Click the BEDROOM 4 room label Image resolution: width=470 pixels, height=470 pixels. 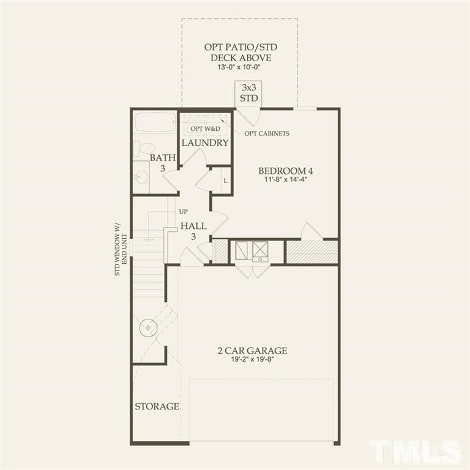[285, 171]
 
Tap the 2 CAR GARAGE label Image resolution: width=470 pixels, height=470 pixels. [252, 351]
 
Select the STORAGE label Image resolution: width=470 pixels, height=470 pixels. [157, 406]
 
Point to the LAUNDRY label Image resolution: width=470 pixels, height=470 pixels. [204, 143]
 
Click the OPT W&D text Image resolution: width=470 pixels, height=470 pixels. [204, 129]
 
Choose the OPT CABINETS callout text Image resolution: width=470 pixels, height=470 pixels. [267, 133]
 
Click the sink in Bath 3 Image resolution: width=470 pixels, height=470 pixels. [141, 177]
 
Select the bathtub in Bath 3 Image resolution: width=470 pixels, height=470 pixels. [155, 122]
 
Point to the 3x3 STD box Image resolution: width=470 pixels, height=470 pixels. [248, 94]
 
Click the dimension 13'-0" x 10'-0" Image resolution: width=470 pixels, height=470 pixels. [239, 68]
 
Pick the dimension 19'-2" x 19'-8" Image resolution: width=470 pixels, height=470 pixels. [252, 360]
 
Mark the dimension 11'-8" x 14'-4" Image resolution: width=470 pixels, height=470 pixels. [285, 181]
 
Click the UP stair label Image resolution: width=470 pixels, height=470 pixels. [183, 212]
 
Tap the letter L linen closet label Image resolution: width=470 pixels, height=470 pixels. [225, 181]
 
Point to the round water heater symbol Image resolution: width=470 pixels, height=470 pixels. [148, 328]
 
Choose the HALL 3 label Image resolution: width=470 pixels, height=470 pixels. [193, 231]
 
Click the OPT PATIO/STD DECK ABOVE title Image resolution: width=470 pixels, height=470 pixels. [239, 53]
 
